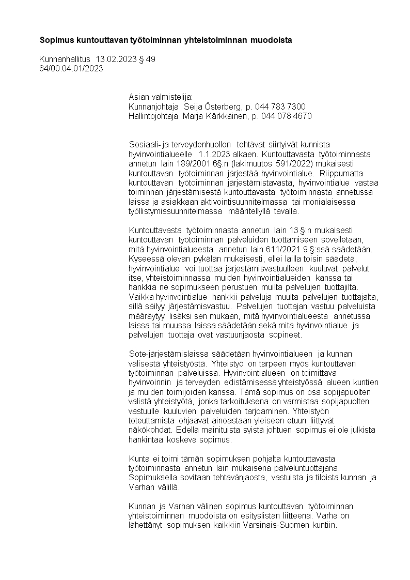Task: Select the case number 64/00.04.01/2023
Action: point(71,68)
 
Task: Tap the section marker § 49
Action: point(147,59)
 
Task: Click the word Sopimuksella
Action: point(153,477)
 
